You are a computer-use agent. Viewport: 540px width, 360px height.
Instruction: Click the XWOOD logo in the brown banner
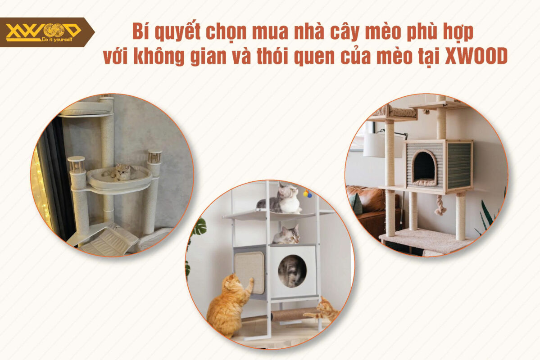(43, 30)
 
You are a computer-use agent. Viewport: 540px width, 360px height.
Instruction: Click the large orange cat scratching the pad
(227, 304)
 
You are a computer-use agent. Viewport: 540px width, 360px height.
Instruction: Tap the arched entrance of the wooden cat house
(424, 167)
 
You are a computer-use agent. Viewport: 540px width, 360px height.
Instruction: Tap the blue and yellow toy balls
(307, 193)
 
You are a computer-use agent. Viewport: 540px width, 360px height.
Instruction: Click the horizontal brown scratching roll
(293, 314)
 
